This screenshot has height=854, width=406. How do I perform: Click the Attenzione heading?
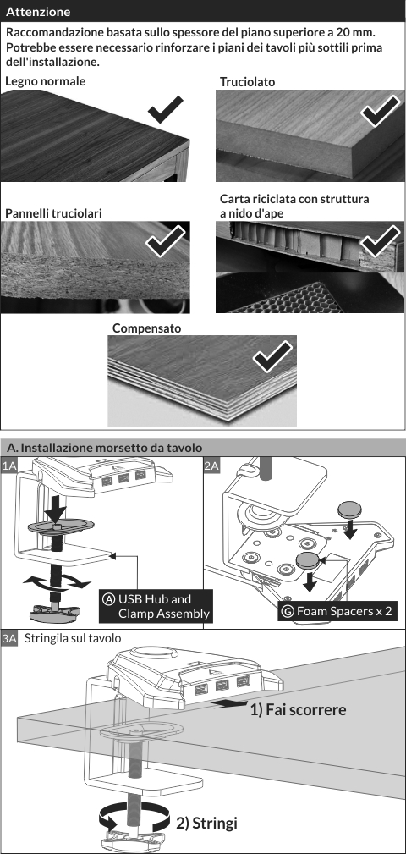(38, 12)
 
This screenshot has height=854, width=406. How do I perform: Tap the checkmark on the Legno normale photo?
(166, 109)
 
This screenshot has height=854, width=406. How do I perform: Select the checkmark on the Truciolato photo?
(380, 110)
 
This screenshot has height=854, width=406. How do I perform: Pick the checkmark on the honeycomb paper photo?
(380, 240)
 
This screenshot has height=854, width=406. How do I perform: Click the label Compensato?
(146, 328)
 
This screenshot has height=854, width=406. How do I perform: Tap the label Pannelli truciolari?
(53, 213)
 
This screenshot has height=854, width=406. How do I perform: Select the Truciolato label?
(247, 82)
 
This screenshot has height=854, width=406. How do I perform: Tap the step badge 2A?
(211, 466)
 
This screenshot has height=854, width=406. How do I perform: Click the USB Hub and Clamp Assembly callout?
(156, 606)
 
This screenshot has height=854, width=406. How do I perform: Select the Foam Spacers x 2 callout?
(337, 611)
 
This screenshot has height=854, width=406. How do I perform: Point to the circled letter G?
(288, 611)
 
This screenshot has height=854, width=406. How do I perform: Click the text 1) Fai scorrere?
(299, 710)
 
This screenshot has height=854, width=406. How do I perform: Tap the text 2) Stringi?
(207, 823)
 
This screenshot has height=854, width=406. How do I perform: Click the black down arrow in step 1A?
(55, 509)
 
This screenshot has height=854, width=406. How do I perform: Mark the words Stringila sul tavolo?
(73, 638)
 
